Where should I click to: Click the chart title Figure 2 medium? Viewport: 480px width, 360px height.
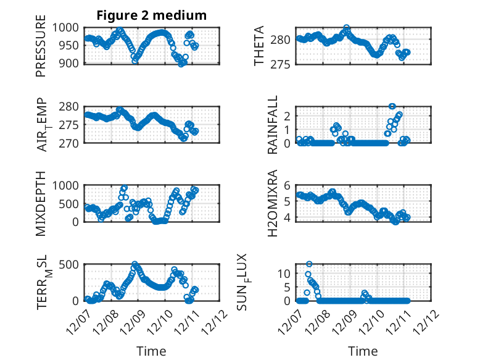coord(152,15)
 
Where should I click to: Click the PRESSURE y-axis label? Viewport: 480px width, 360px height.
coord(41,50)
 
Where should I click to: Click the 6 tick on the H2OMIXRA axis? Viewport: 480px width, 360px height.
coord(288,185)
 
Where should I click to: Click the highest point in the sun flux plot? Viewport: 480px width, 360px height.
coord(309,264)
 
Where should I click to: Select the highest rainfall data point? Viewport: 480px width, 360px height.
coord(392,106)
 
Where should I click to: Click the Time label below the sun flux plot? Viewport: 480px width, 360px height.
coord(363,351)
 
